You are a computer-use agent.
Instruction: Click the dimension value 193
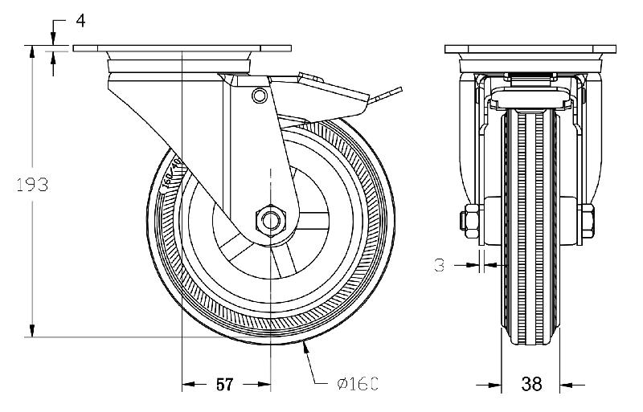coord(32,185)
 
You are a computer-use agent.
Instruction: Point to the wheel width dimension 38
coord(530,385)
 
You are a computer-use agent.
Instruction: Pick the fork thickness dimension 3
coord(439,264)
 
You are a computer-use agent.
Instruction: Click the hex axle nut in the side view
coord(271,219)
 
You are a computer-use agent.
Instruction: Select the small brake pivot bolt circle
coord(258,96)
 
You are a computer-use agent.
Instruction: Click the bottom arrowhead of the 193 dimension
coord(32,331)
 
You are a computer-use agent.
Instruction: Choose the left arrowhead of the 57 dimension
coord(187,385)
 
